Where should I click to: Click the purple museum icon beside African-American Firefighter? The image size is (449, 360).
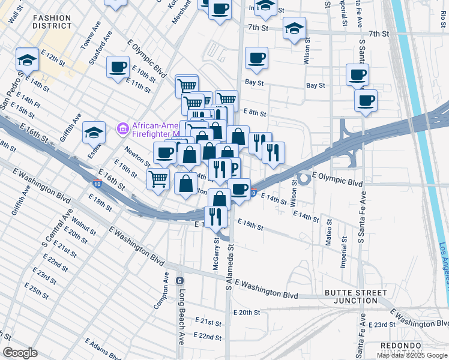tap(124, 128)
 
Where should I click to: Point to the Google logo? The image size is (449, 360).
tap(20, 353)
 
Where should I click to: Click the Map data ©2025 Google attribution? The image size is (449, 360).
tap(412, 355)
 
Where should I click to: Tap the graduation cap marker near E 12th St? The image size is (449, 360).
tap(26, 59)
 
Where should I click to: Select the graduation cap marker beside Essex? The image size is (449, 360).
tap(94, 132)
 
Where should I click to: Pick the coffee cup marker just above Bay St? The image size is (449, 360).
tap(256, 58)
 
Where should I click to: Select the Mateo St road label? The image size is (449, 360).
tap(328, 230)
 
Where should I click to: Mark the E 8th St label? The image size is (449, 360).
tap(255, 112)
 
